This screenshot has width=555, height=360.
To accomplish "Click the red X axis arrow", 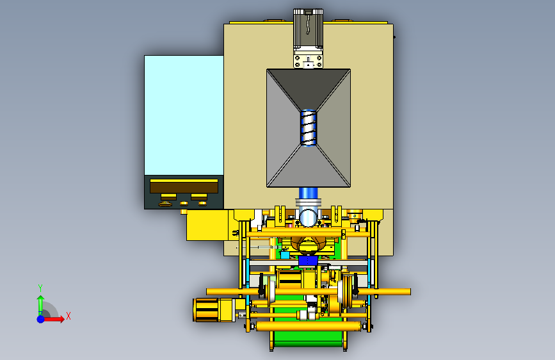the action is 53,319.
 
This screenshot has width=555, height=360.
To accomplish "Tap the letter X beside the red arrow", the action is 68,316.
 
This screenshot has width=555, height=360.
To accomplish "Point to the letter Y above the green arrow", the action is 40,288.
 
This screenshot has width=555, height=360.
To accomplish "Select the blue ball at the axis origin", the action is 41,319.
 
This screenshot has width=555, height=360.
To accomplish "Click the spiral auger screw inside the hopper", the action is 309,127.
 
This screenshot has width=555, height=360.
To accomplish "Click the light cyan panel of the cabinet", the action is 184,115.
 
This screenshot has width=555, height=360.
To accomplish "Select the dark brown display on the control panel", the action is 184,186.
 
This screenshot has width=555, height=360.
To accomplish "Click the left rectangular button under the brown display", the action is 169,197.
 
